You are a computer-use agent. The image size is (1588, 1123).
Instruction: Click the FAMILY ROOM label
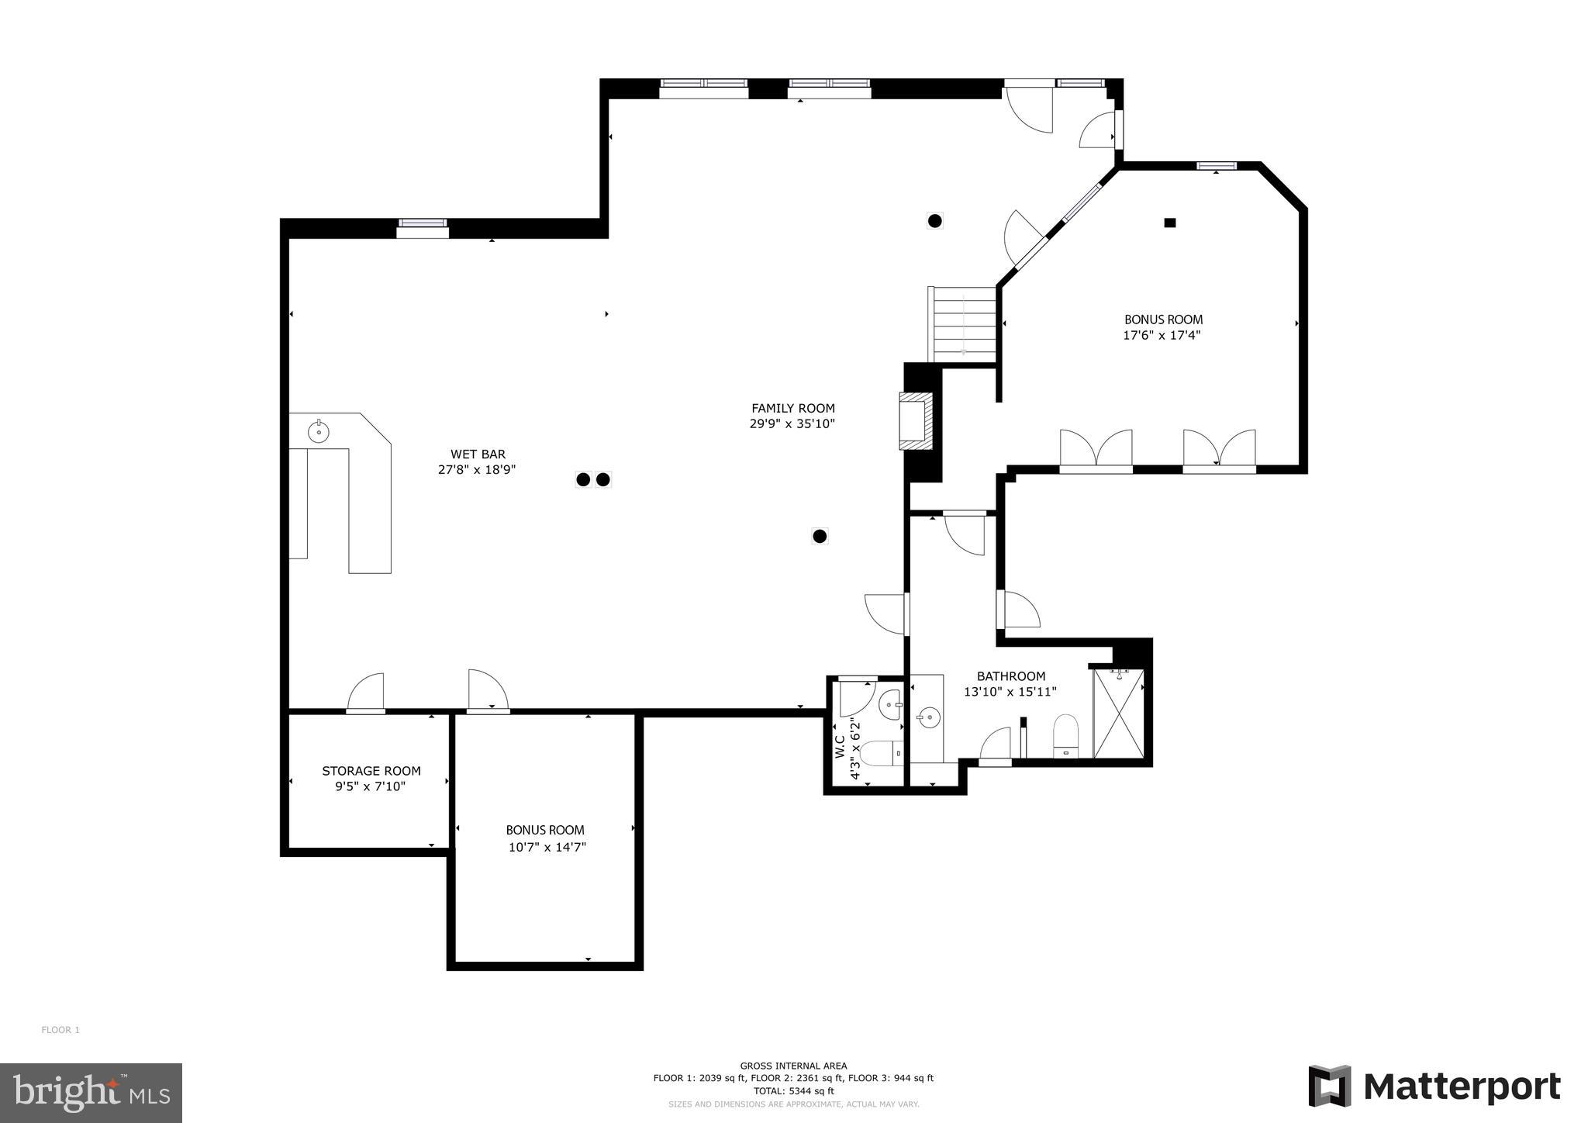792,408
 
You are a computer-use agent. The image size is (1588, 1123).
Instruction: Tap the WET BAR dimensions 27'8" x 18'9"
477,470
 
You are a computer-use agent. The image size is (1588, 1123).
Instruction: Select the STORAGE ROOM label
371,771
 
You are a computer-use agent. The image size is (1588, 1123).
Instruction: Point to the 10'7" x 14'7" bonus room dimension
547,848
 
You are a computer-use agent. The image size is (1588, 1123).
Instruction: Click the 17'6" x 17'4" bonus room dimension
1162,336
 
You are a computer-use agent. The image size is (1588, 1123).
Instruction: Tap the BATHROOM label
1010,676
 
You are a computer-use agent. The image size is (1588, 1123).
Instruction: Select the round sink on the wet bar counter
319,430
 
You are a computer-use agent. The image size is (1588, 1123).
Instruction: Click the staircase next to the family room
963,324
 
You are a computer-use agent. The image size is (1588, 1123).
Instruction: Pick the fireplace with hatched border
916,420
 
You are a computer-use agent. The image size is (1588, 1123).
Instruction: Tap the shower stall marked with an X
1118,714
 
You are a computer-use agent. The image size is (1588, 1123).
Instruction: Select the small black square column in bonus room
1170,223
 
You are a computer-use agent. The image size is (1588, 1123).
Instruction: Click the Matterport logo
1434,1087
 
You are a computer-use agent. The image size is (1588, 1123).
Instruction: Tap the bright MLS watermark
91,1094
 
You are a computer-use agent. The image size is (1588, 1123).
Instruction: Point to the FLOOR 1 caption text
60,1030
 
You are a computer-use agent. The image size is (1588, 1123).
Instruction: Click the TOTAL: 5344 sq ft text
793,1090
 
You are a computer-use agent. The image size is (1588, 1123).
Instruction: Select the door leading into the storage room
365,693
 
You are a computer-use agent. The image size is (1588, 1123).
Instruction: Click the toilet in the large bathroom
1065,734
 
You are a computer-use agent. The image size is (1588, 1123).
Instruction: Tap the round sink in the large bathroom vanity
927,718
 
